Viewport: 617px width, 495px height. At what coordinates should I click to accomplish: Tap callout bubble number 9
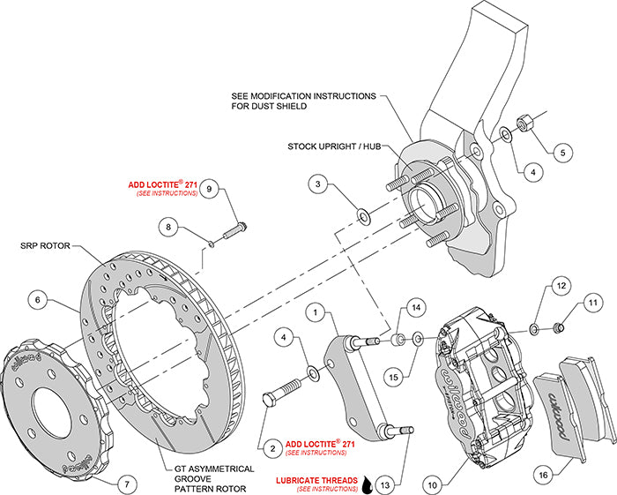208,189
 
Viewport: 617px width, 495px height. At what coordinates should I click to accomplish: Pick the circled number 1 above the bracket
317,311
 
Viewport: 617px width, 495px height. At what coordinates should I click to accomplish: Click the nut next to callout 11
557,329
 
